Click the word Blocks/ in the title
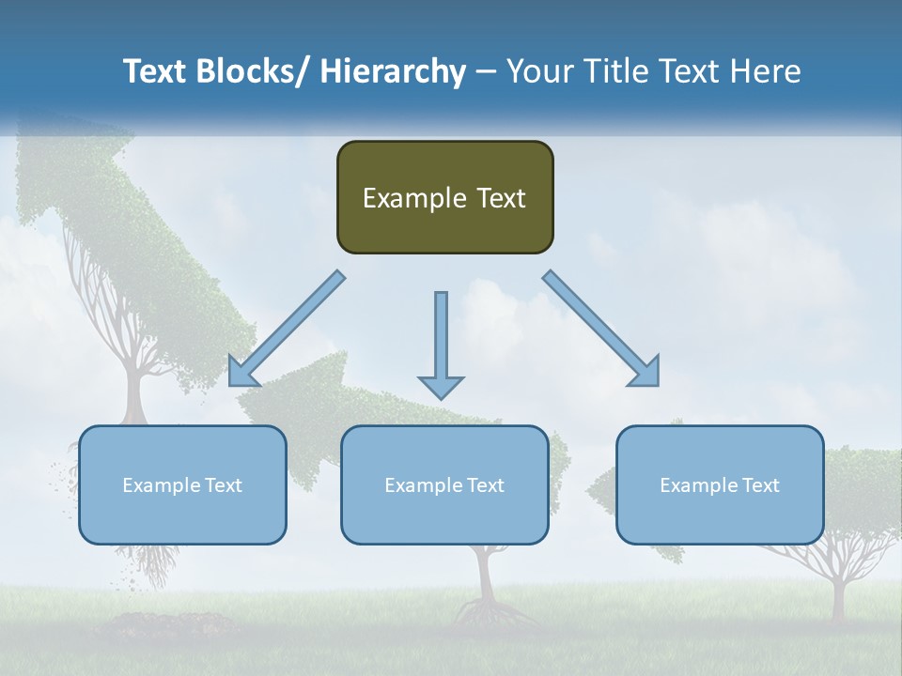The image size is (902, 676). tap(244, 71)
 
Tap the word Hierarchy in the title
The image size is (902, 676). tap(393, 71)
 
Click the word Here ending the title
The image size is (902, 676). tap(764, 71)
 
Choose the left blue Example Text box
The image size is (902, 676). tap(182, 484)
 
